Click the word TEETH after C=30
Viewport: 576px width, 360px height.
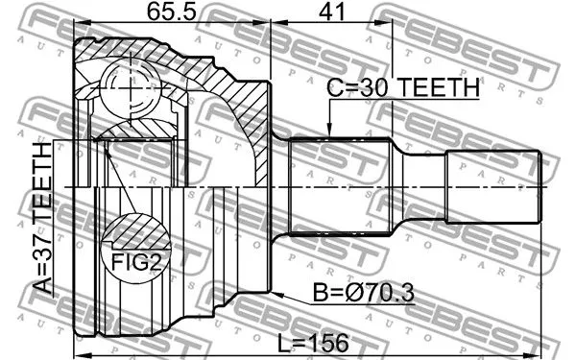[x=439, y=87]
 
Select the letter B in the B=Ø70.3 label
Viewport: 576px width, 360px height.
[x=320, y=294]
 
